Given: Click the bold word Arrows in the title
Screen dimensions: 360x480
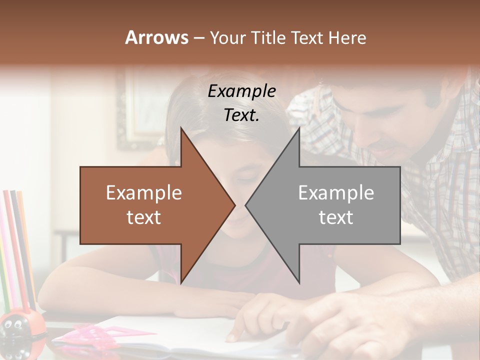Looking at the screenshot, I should [156, 37].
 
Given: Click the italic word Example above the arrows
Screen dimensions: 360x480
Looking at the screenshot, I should [241, 91].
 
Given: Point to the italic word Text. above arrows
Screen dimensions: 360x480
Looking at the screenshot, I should [241, 115].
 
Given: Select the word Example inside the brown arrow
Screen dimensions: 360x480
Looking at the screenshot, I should [144, 193].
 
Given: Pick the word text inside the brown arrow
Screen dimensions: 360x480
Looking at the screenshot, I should [144, 217].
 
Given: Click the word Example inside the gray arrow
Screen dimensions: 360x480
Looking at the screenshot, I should [336, 193].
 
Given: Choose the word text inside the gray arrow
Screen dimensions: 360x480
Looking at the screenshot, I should [336, 217].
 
